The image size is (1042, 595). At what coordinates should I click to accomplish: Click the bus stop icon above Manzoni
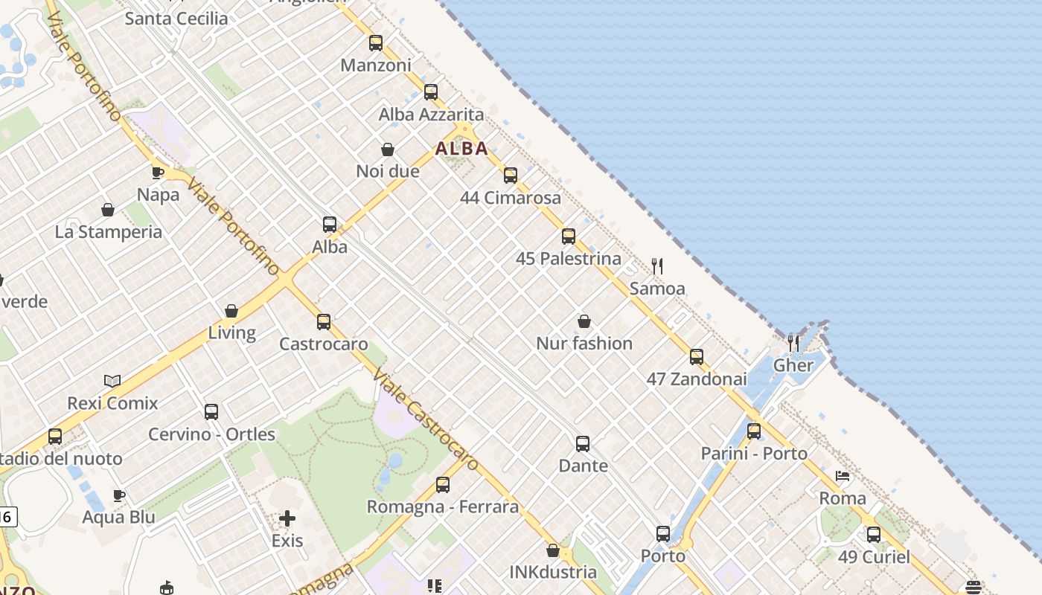tap(376, 43)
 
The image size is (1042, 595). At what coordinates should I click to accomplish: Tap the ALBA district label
tap(461, 149)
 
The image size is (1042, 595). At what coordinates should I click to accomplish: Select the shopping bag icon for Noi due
tap(388, 150)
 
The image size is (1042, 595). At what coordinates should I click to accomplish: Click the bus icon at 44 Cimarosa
tap(511, 176)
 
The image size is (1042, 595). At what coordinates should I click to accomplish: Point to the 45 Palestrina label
tap(568, 259)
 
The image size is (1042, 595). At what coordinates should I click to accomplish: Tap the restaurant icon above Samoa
tap(657, 266)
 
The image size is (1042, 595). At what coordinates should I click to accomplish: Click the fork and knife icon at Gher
tap(793, 344)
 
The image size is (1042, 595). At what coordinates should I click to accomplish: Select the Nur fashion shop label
tap(584, 344)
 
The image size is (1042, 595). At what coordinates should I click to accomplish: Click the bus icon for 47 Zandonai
tap(697, 357)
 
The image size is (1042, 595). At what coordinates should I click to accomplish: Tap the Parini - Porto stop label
tap(754, 454)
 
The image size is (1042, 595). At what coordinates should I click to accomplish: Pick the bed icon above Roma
tap(843, 476)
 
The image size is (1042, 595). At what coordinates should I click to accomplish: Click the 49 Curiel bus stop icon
tap(874, 534)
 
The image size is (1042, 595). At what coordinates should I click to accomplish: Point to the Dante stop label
tap(583, 466)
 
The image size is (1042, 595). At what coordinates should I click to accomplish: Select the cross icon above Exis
tap(287, 518)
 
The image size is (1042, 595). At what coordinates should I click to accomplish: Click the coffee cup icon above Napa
tap(158, 173)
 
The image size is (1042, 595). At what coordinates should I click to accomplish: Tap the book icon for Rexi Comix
tap(112, 382)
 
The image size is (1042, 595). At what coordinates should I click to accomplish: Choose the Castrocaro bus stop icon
tap(324, 322)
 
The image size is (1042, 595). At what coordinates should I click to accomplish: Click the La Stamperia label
tap(108, 232)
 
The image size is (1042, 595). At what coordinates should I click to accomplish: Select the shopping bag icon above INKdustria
tap(553, 550)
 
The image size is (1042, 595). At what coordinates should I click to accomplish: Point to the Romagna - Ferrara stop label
tap(442, 507)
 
